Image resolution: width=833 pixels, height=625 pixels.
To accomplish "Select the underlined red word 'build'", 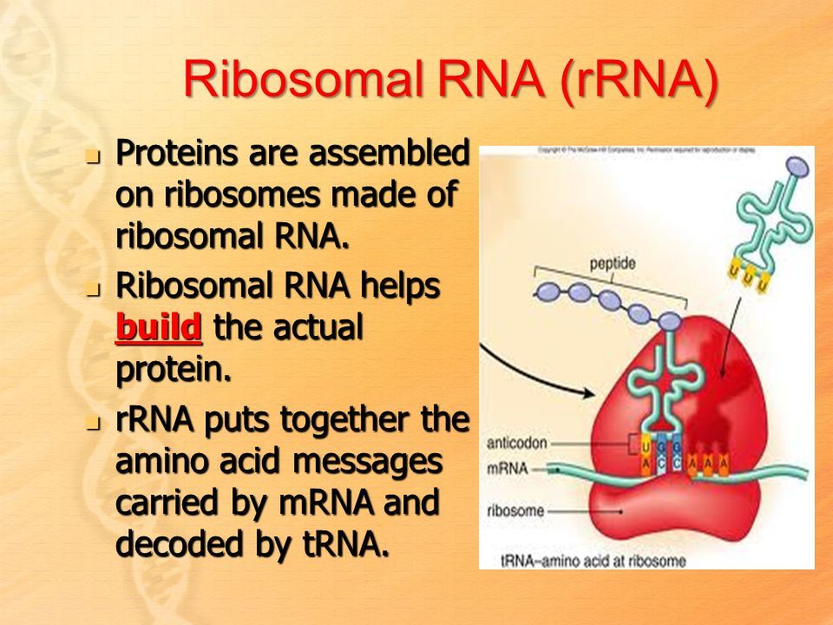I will coord(159,328).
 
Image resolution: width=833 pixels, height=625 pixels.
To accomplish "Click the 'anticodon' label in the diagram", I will coord(517,442).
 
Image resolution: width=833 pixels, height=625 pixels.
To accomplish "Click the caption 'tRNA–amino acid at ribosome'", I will coord(593,560).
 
